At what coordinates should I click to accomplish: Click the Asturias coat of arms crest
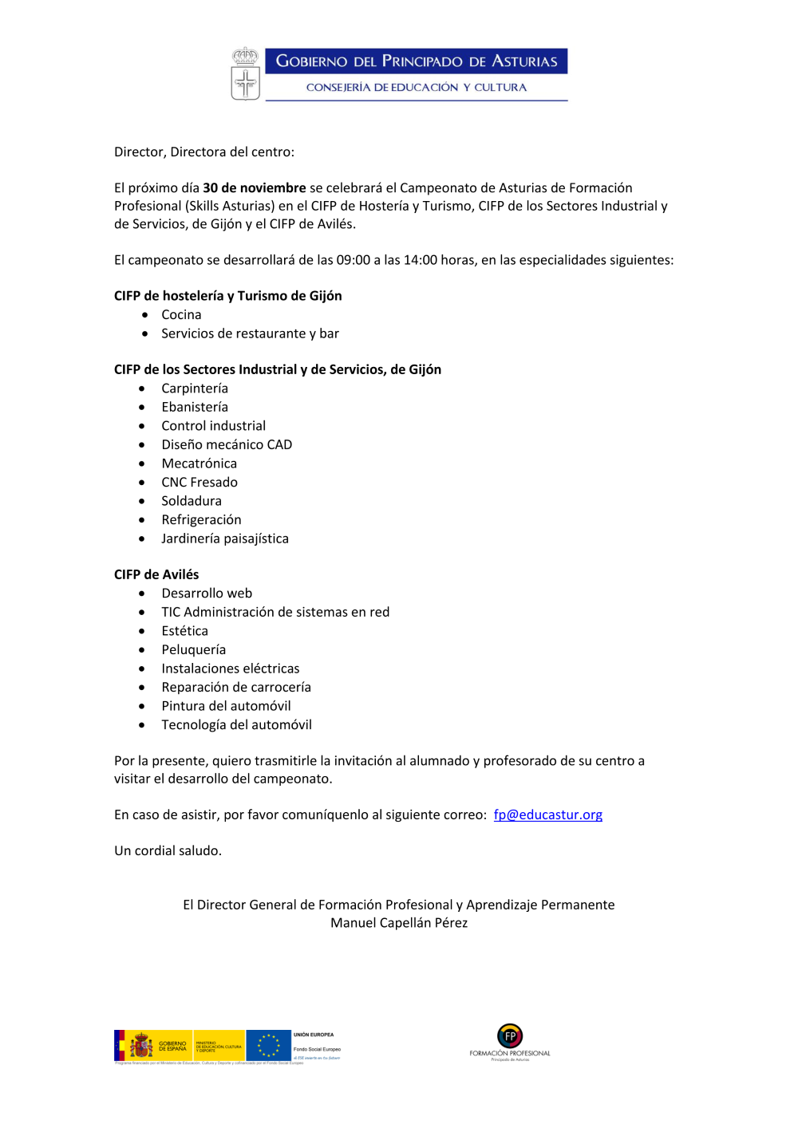245,73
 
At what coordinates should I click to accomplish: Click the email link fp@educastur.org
547,814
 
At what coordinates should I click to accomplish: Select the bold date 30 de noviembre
254,188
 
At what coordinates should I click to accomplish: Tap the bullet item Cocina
181,315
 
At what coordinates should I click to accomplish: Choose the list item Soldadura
192,501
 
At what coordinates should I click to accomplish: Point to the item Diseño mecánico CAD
227,444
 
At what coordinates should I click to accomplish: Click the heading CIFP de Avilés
156,574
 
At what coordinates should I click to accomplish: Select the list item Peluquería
193,649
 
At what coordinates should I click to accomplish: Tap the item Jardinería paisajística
225,538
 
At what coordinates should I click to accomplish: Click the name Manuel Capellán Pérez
399,923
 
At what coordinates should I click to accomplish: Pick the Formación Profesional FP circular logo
510,1036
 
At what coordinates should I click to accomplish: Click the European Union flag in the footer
268,1045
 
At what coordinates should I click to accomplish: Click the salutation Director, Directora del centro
204,152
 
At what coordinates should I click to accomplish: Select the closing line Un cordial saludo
168,850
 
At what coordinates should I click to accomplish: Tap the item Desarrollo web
207,594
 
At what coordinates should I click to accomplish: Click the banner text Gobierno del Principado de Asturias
416,61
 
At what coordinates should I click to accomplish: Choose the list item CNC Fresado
199,482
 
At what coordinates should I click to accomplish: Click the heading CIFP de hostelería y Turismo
227,296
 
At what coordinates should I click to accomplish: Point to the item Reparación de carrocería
236,687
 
